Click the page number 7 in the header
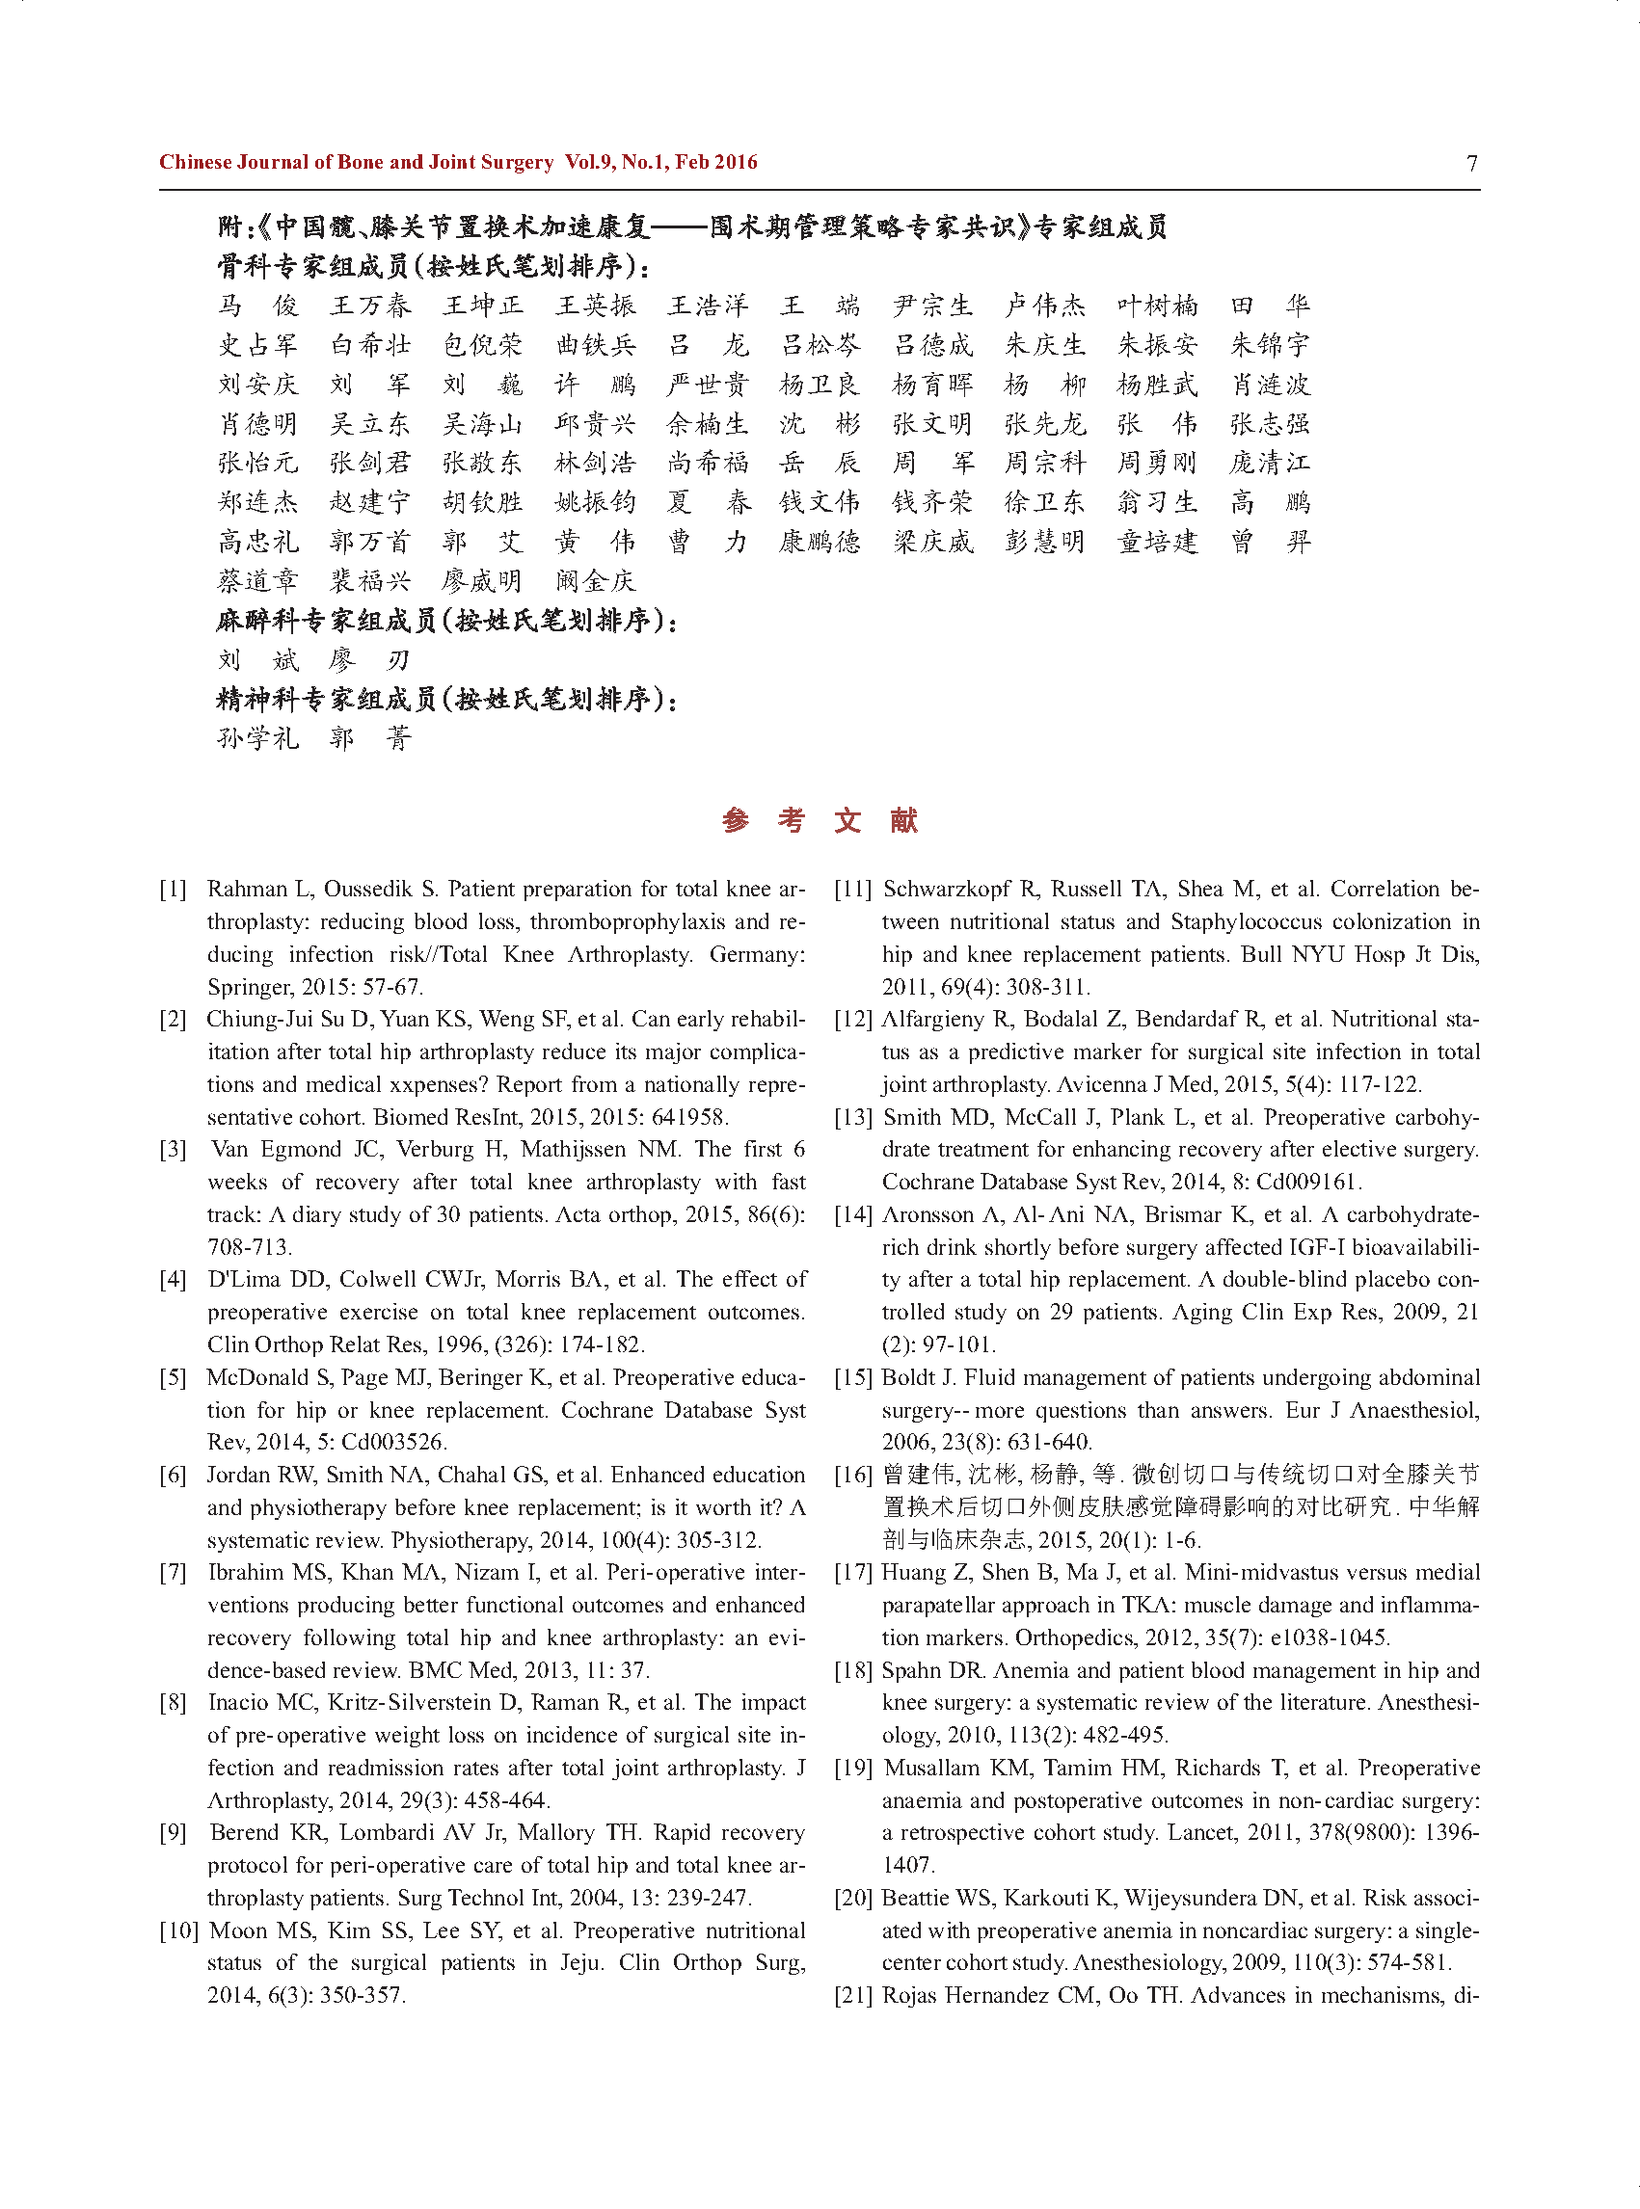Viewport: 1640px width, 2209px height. (1471, 163)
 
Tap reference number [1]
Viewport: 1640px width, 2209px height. (173, 890)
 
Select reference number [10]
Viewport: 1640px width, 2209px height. (178, 1930)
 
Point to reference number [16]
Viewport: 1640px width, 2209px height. (854, 1475)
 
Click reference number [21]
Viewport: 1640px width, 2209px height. (854, 1995)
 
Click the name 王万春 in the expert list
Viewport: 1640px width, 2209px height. (370, 306)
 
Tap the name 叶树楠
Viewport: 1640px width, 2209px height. (1158, 306)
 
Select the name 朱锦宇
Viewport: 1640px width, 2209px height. (1270, 345)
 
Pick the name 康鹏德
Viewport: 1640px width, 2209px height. (820, 542)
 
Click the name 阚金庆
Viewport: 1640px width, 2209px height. (595, 581)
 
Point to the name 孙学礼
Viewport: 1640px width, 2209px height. (258, 738)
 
